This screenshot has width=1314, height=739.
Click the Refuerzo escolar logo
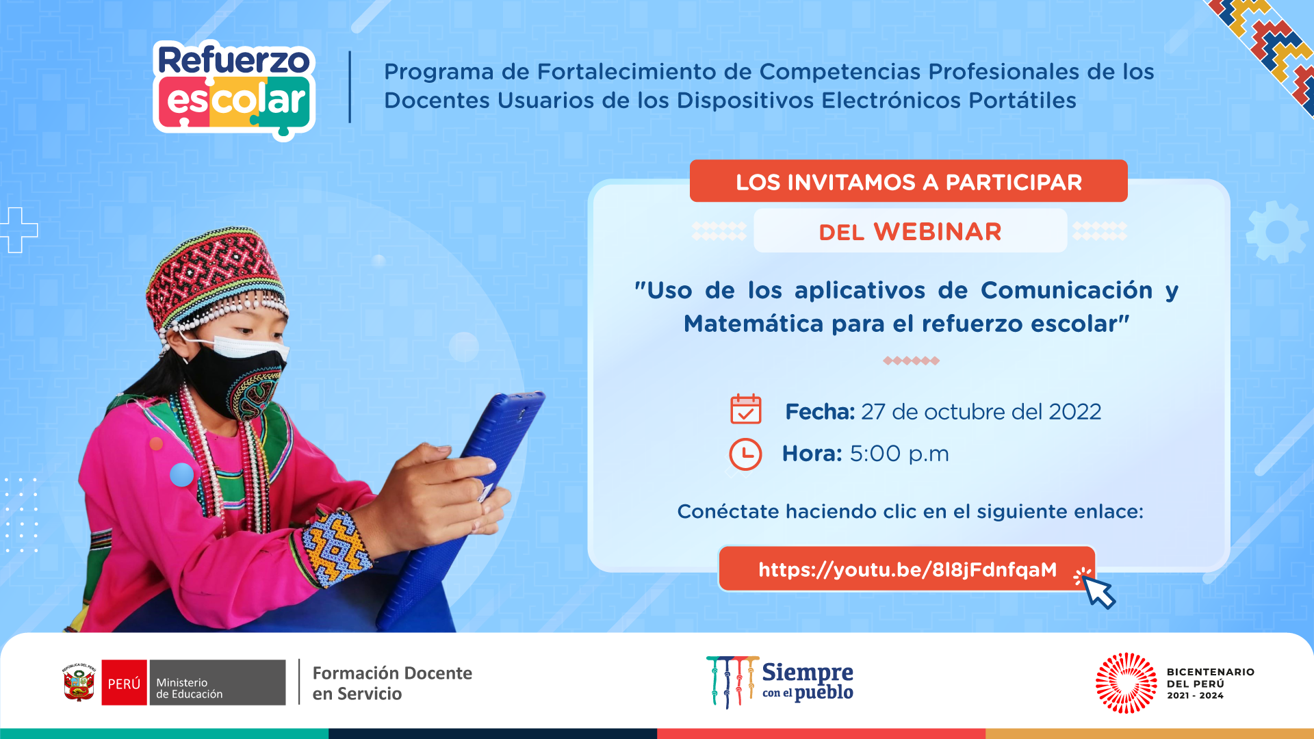(x=234, y=90)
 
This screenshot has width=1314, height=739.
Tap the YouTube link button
(x=907, y=569)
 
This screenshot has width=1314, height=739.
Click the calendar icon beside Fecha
(x=745, y=409)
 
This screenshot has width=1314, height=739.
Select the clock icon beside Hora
(x=745, y=454)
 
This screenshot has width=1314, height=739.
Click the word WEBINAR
(x=938, y=232)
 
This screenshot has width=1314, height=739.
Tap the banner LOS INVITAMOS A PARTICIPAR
(x=908, y=181)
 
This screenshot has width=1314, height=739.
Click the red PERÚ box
(x=124, y=682)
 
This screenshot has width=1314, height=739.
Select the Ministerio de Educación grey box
(x=217, y=682)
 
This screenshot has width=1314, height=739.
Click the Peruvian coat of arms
(x=79, y=682)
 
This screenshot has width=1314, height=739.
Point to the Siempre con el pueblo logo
(x=780, y=682)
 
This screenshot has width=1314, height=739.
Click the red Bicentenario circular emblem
(x=1126, y=683)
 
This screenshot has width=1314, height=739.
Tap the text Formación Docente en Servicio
(x=392, y=683)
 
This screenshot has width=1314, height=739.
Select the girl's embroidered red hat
(x=215, y=280)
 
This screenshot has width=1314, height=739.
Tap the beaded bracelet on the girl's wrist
(x=335, y=547)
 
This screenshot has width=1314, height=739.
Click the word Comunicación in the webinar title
(x=1066, y=290)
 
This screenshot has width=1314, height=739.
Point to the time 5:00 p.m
(x=899, y=454)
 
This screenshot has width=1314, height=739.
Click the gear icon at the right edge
(x=1277, y=233)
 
